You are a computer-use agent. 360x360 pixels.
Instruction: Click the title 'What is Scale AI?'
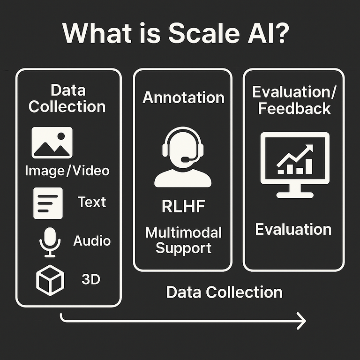pyautogui.click(x=180, y=34)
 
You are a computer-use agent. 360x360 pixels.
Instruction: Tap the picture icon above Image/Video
pyautogui.click(x=52, y=142)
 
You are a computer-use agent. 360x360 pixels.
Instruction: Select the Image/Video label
pyautogui.click(x=67, y=170)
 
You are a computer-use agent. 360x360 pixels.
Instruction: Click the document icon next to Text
pyautogui.click(x=48, y=202)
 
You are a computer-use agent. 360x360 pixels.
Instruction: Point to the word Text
pyautogui.click(x=92, y=202)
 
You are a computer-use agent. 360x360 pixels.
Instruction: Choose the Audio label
pyautogui.click(x=92, y=241)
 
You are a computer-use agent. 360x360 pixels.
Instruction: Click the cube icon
pyautogui.click(x=50, y=280)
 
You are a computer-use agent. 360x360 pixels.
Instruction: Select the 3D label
pyautogui.click(x=91, y=280)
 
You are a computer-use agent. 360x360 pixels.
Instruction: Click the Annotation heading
pyautogui.click(x=183, y=98)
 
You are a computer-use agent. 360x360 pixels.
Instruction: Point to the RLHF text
pyautogui.click(x=183, y=207)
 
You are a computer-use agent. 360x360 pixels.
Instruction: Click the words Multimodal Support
pyautogui.click(x=183, y=240)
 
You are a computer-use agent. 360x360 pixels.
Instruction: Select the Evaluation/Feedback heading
pyautogui.click(x=294, y=100)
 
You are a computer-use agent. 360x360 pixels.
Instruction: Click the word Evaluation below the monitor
pyautogui.click(x=293, y=230)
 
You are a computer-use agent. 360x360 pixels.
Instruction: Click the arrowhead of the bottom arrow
pyautogui.click(x=301, y=322)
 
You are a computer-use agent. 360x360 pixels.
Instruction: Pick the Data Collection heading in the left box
pyautogui.click(x=67, y=98)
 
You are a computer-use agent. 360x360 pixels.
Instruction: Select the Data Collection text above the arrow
pyautogui.click(x=225, y=292)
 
